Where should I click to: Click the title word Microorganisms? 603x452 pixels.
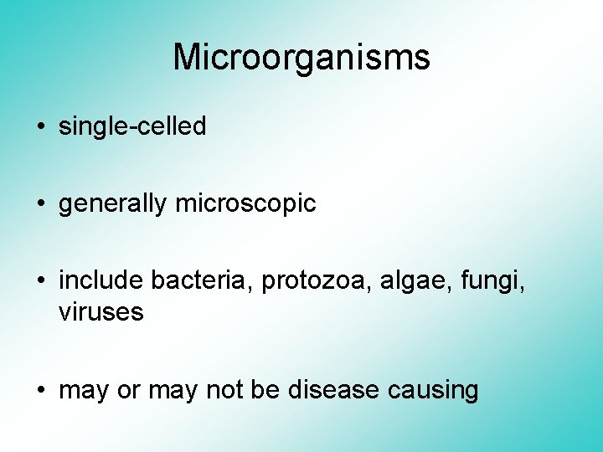click(301, 57)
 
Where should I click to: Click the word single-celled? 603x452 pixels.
click(132, 126)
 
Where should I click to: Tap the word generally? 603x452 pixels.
click(113, 203)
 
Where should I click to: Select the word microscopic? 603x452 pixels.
click(246, 203)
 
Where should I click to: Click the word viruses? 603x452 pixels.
click(101, 312)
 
